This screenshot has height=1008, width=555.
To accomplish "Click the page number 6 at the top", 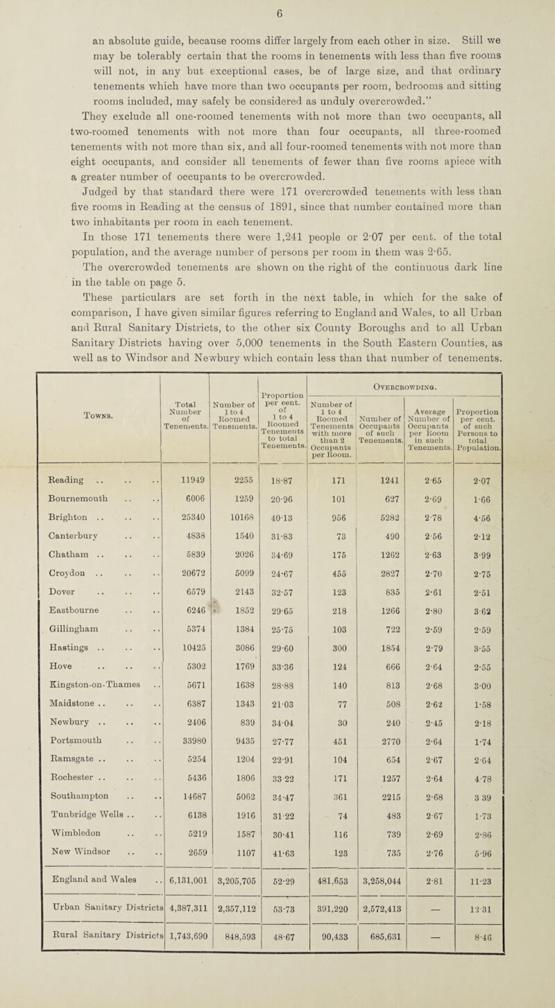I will pyautogui.click(x=278, y=12).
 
